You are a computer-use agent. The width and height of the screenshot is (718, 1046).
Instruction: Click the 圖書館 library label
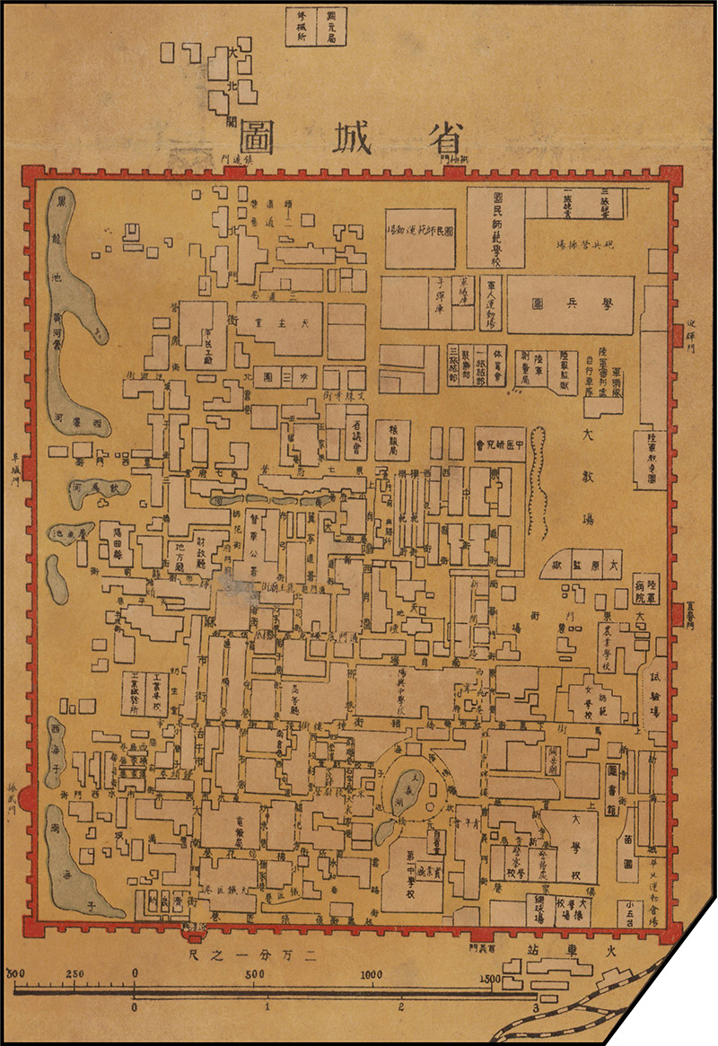[x=615, y=791]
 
